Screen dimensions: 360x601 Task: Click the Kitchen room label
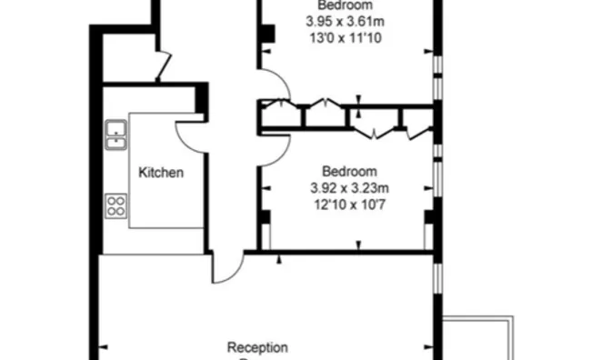(x=161, y=172)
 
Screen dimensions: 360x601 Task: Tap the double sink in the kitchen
(x=116, y=134)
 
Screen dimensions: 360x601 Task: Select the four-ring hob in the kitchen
(x=116, y=205)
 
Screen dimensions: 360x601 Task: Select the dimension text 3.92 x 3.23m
(x=349, y=188)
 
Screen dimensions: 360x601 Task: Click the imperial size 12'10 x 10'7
(x=349, y=205)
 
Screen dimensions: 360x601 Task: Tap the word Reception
(x=257, y=347)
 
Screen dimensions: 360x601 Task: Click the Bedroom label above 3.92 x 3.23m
(x=349, y=172)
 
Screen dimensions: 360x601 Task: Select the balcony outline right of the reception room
(x=482, y=337)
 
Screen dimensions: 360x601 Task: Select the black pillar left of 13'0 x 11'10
(x=267, y=34)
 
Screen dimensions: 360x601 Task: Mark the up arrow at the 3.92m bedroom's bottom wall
(x=357, y=245)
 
